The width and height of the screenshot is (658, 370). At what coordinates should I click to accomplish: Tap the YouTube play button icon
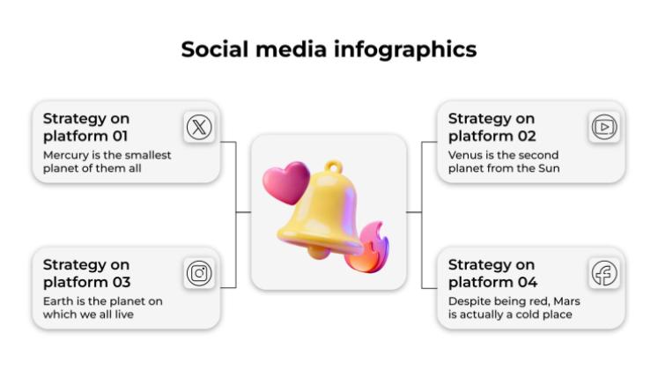pos(604,128)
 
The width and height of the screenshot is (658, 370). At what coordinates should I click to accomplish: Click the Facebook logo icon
pos(604,273)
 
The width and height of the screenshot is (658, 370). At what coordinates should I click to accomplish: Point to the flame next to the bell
pos(366,248)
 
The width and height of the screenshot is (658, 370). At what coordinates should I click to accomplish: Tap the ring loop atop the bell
pos(333,167)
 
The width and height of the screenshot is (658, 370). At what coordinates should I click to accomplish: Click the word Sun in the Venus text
pos(549,167)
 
